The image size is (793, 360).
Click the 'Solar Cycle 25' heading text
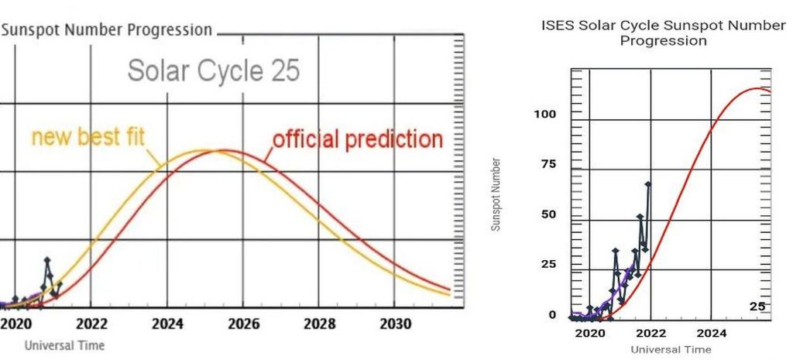tap(213, 71)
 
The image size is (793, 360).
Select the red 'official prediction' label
tap(357, 140)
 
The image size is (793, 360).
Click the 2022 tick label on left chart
tap(91, 324)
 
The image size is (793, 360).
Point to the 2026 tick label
tap(243, 324)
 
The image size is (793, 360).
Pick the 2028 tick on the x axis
tap(319, 324)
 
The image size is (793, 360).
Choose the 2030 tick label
tap(395, 324)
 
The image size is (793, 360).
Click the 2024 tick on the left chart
tap(167, 324)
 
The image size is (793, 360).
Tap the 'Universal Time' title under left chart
tap(64, 345)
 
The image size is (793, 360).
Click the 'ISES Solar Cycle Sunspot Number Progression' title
tap(663, 33)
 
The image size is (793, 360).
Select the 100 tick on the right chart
tap(545, 115)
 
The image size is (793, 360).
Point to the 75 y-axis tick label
tap(548, 164)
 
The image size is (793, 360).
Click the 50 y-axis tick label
tap(548, 214)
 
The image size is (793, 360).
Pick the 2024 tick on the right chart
tap(711, 334)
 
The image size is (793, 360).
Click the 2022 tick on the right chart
tap(651, 334)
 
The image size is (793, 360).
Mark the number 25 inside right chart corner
tap(757, 307)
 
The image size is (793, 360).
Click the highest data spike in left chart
tap(46, 260)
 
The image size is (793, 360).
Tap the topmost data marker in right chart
tap(648, 184)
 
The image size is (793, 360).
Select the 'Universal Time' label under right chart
tap(671, 349)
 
